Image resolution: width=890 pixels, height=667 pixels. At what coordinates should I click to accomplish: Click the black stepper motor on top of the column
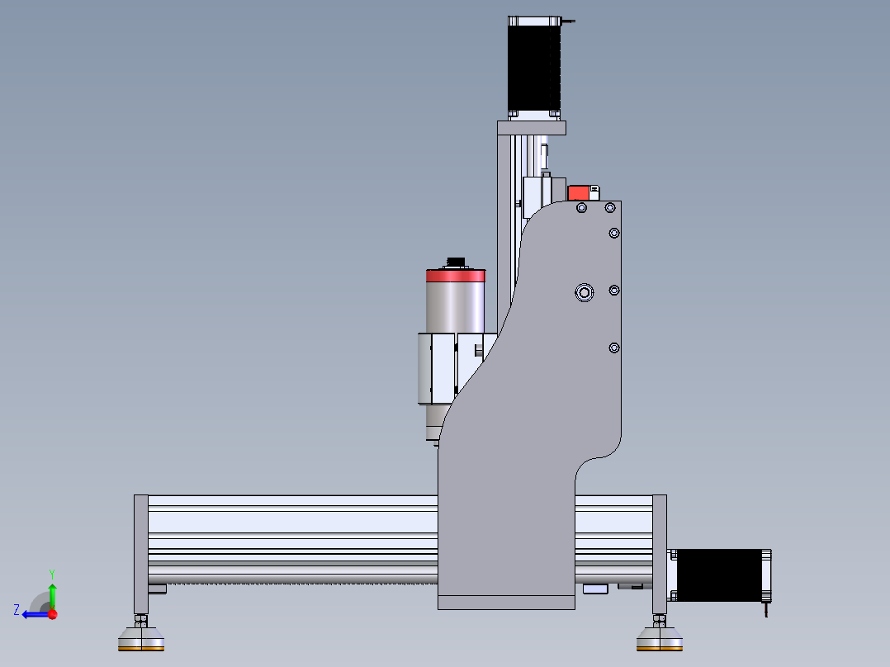[534, 66]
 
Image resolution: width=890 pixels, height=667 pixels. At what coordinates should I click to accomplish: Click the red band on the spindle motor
[455, 275]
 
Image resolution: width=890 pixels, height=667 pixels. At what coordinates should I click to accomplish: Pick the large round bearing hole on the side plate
[585, 292]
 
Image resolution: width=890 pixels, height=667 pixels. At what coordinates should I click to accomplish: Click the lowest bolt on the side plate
[613, 348]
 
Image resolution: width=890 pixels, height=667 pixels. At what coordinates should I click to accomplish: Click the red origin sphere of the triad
[52, 613]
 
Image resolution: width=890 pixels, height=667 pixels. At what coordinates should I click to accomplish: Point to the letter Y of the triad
[51, 573]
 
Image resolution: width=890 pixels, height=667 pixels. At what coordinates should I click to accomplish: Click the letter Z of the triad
[17, 610]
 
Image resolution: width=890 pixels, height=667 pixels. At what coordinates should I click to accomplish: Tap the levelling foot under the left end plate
[141, 639]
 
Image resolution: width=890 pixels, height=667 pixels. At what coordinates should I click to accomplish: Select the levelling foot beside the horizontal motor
[660, 639]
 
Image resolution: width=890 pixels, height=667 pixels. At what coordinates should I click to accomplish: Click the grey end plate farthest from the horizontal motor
[141, 553]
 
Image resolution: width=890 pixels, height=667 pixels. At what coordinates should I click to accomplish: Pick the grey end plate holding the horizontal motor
[660, 553]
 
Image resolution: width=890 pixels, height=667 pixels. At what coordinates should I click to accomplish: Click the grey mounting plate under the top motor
[532, 127]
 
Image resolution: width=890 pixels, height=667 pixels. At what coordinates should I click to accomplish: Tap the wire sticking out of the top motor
[569, 21]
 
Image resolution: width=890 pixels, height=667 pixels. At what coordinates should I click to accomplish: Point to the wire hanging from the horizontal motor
[765, 612]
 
